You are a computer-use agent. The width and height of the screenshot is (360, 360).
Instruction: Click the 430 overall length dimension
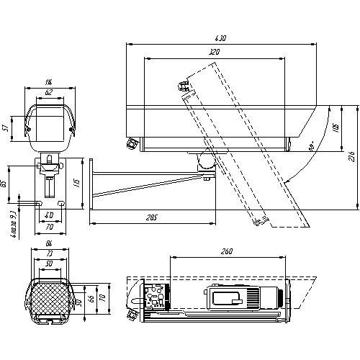coord(221,38)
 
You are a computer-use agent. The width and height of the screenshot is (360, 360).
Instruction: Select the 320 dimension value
coord(214,53)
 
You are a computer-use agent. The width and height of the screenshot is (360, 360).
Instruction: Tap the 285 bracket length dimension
coord(150,216)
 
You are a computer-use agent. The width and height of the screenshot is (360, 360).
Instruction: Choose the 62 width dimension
coord(48,92)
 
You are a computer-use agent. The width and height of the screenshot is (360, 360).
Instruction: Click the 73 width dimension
coord(49,256)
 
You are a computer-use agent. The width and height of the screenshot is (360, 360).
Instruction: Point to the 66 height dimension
coord(91,298)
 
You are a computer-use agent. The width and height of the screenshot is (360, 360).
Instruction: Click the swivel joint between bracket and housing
coord(204,163)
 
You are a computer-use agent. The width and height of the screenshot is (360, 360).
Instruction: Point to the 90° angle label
coord(311,146)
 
